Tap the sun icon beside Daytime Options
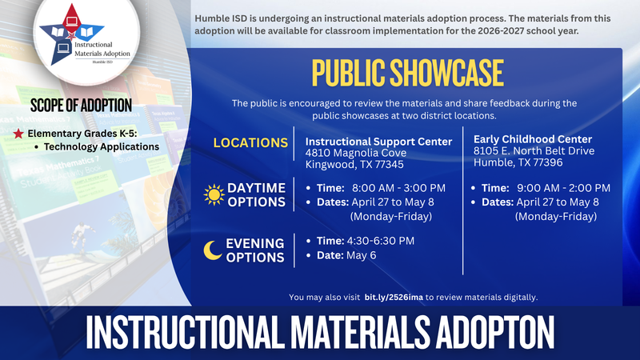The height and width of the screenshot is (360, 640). point(214,194)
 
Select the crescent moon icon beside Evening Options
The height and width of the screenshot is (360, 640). point(213,250)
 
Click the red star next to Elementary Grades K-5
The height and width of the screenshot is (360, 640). point(18,133)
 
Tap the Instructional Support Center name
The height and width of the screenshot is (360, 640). point(378,141)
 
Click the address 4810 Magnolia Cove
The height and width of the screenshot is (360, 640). point(356,153)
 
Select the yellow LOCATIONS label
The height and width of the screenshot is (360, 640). point(250,142)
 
